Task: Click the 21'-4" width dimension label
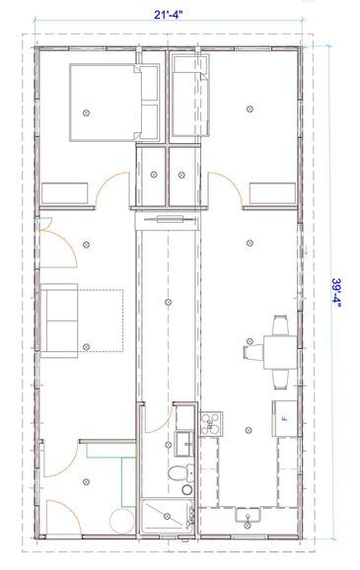168,15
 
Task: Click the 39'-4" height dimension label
336,293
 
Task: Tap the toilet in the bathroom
181,473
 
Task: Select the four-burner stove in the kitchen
211,424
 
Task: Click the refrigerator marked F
285,418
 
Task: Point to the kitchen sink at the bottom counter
248,515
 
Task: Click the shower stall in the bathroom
168,516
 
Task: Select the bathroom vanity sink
184,444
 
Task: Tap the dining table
280,352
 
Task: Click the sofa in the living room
59,321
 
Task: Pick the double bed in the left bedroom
114,103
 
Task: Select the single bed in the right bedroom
189,96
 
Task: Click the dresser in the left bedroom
64,193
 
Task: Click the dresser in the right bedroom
272,193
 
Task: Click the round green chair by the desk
122,521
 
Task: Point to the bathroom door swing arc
165,425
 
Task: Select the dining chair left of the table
253,352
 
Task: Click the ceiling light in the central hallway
168,302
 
